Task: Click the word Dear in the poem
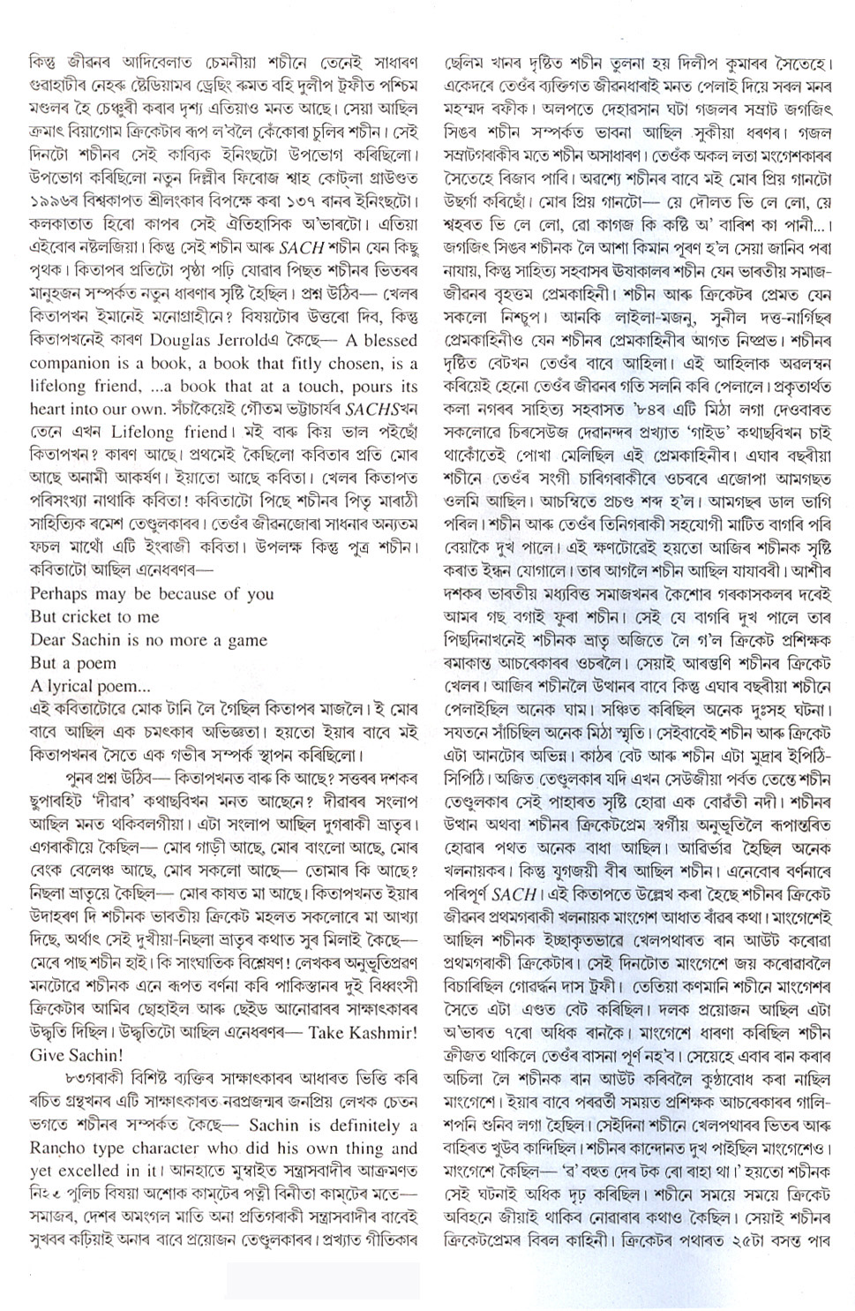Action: coord(48,640)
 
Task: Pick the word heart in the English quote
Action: coord(48,410)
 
